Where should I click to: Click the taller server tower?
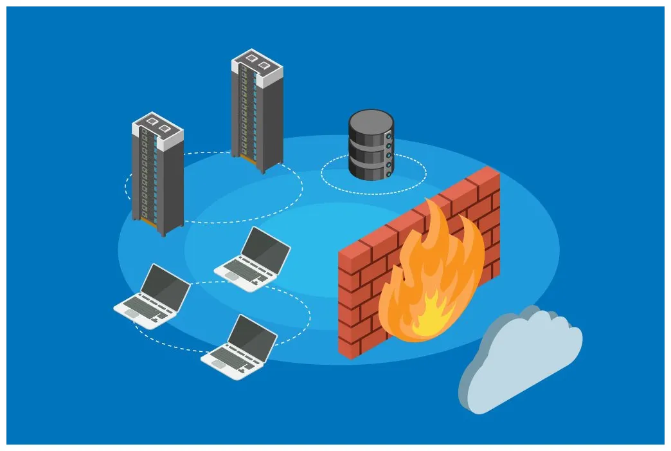click(x=257, y=109)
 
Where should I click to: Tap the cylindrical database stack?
click(x=370, y=145)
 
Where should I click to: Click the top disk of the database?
click(x=370, y=122)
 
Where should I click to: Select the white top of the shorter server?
click(x=157, y=126)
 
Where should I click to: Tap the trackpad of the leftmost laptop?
click(x=131, y=313)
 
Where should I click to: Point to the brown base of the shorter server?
click(x=148, y=221)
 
